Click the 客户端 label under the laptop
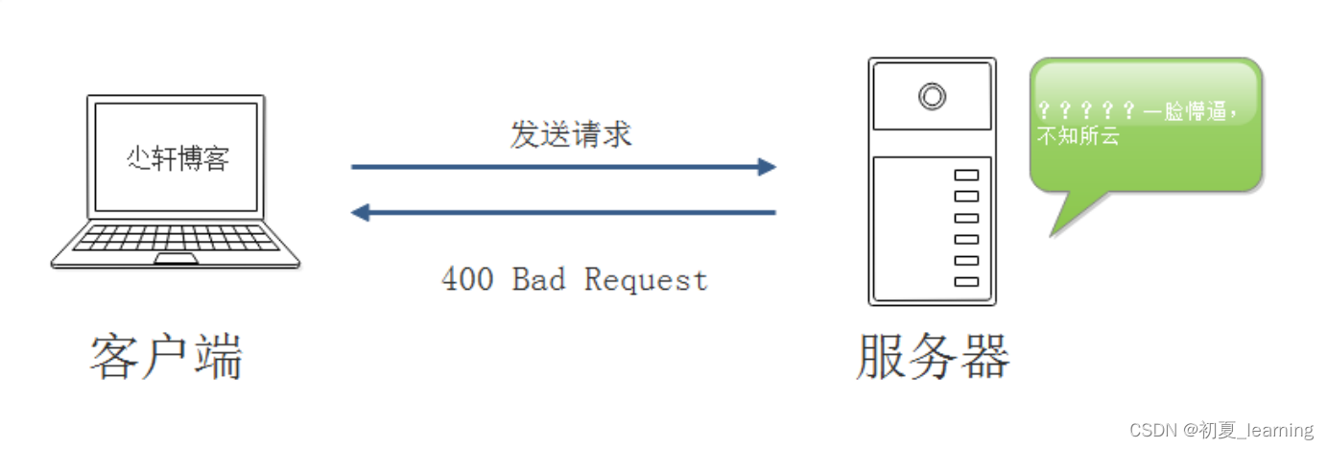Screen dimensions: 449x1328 pyautogui.click(x=166, y=358)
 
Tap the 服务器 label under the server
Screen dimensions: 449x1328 pyautogui.click(x=933, y=358)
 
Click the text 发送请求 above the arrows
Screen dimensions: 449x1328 pyautogui.click(x=571, y=135)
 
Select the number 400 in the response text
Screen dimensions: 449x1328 pyautogui.click(x=467, y=279)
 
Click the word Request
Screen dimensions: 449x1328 pyautogui.click(x=646, y=279)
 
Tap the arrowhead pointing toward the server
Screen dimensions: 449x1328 pyautogui.click(x=766, y=167)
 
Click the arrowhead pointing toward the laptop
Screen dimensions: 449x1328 pyautogui.click(x=361, y=212)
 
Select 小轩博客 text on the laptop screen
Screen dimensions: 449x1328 pyautogui.click(x=178, y=158)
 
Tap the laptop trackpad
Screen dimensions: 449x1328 pyautogui.click(x=177, y=259)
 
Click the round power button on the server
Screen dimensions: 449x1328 pyautogui.click(x=931, y=96)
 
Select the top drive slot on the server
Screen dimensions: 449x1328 pyautogui.click(x=966, y=176)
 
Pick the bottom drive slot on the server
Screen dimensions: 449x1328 pyautogui.click(x=966, y=281)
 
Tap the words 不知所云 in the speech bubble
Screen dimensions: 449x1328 pyautogui.click(x=1079, y=136)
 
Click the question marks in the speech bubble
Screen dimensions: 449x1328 pyautogui.click(x=1087, y=111)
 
